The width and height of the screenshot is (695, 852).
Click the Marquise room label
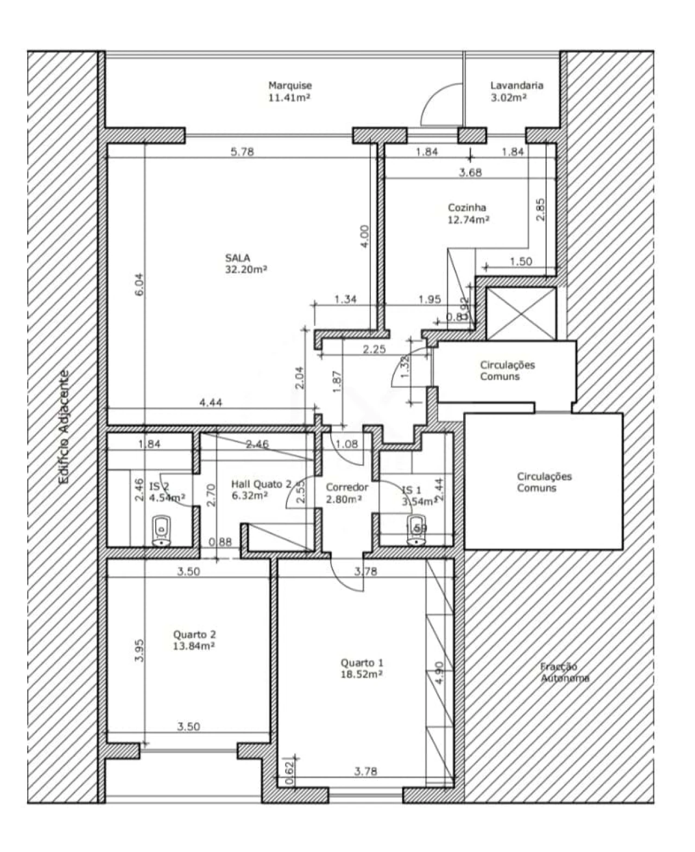click(290, 91)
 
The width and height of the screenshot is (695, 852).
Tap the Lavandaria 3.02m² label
click(516, 91)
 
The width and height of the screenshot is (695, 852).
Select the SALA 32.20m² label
click(245, 263)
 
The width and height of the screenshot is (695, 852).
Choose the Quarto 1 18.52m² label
click(362, 668)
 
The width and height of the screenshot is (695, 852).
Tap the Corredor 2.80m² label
click(346, 493)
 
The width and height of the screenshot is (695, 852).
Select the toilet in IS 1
click(416, 530)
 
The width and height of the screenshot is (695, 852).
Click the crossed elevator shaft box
click(520, 313)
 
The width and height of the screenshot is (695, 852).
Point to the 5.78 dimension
click(242, 152)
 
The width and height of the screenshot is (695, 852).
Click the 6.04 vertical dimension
click(140, 284)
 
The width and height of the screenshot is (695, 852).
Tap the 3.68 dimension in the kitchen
click(470, 173)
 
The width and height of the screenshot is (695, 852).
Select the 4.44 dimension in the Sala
click(211, 402)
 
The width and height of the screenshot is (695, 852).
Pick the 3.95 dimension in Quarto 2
click(139, 649)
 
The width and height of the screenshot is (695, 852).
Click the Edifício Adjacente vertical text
click(65, 426)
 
